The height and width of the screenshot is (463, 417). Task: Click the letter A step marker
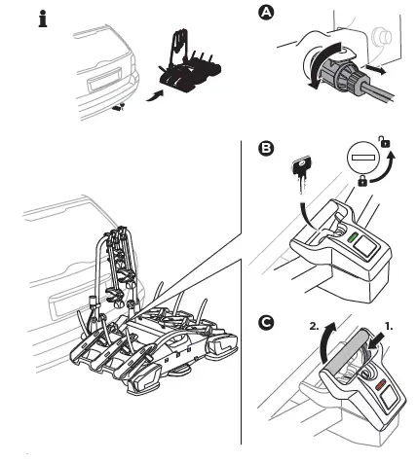266,13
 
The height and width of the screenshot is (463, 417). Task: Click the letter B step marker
266,148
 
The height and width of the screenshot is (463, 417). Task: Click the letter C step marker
266,323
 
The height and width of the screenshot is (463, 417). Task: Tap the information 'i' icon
43,18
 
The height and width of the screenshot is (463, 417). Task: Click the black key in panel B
302,173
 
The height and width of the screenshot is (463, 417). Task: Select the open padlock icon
385,142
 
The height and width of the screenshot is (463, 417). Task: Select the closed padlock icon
362,181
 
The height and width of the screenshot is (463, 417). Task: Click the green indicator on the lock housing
352,237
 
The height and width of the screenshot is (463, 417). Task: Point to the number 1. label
389,327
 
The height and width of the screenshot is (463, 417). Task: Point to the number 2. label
314,327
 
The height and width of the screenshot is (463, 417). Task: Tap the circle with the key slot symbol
363,158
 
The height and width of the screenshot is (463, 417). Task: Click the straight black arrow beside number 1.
377,342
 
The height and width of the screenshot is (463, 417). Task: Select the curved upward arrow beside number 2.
324,343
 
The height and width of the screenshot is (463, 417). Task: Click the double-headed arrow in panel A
375,69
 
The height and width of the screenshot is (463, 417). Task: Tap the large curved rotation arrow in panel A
320,63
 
